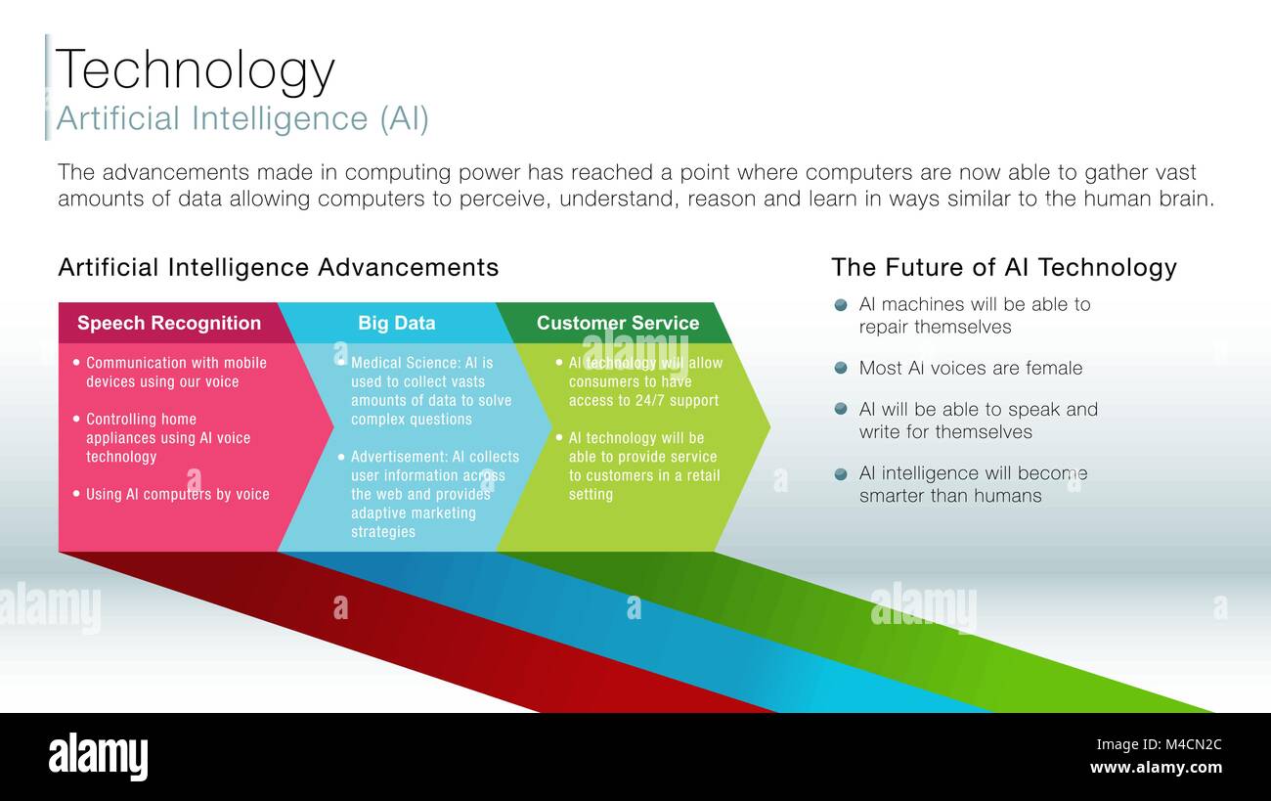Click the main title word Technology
click(x=196, y=70)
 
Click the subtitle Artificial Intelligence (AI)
click(x=242, y=118)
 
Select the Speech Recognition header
click(x=169, y=323)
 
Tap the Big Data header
click(x=397, y=323)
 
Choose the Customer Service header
click(x=618, y=323)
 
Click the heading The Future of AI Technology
click(x=1004, y=267)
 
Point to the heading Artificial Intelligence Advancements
click(x=278, y=267)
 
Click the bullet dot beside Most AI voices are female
click(x=841, y=368)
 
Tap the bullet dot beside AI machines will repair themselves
click(x=841, y=305)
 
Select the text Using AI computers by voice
click(x=178, y=494)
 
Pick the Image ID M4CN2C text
click(x=1159, y=744)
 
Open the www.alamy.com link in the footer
click(x=1156, y=768)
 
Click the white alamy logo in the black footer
click(x=98, y=757)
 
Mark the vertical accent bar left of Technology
click(x=48, y=87)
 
